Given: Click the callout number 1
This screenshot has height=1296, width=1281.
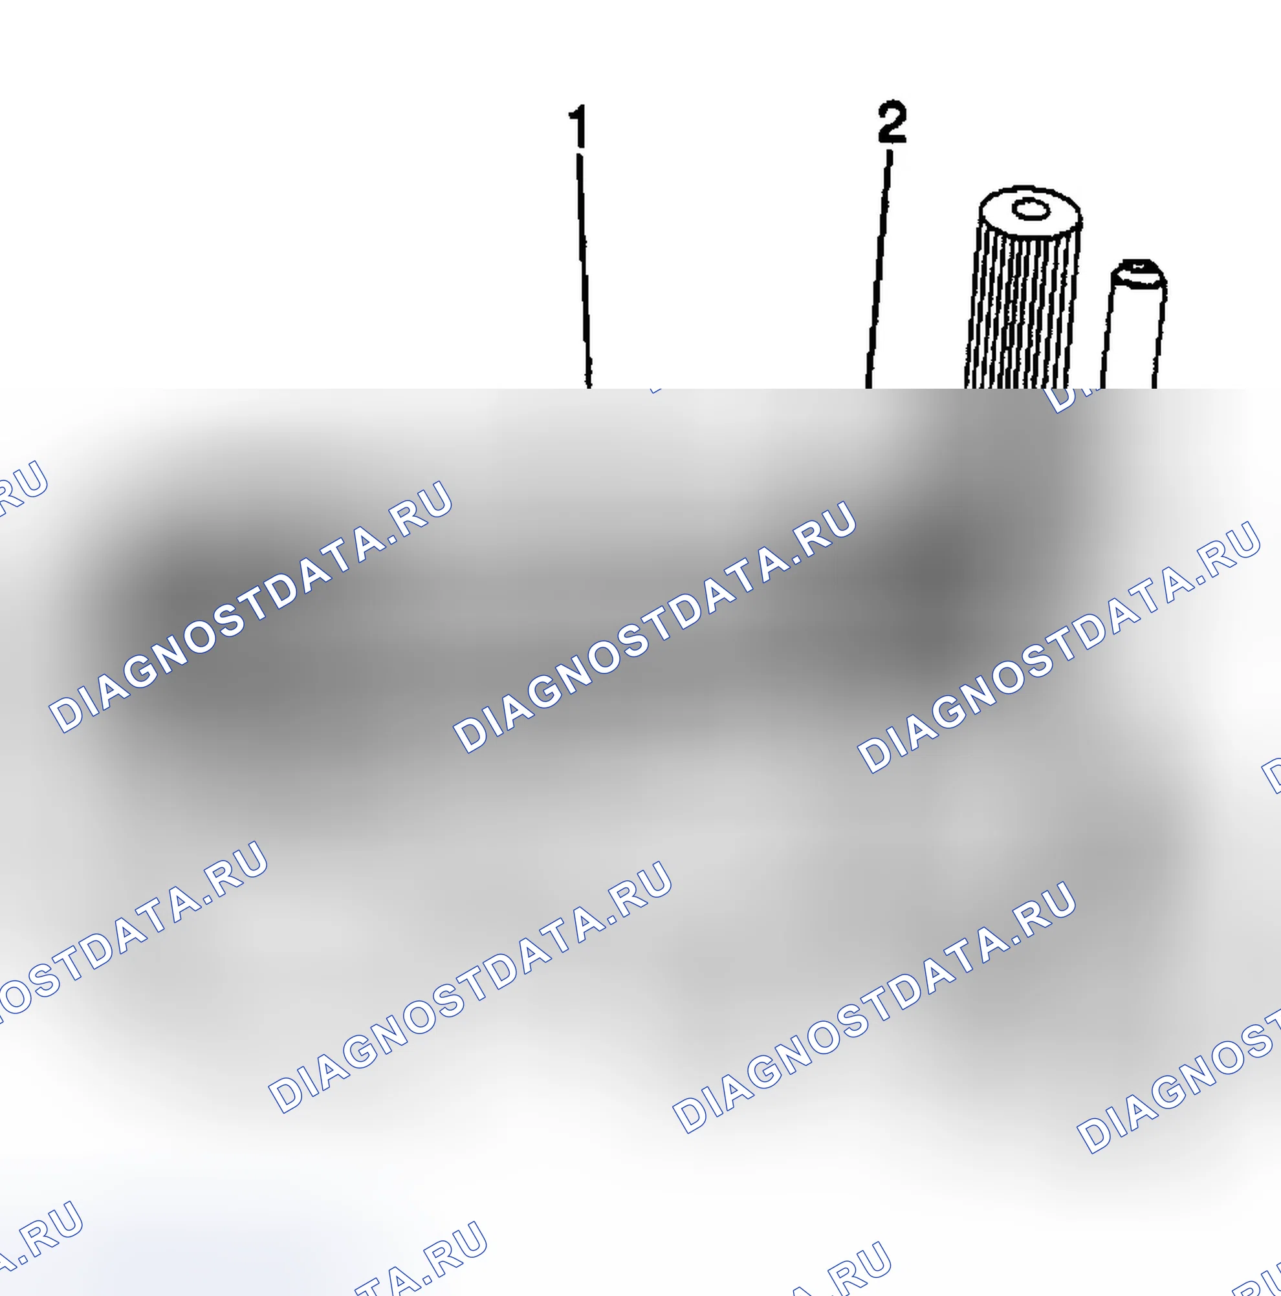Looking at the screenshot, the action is tap(578, 125).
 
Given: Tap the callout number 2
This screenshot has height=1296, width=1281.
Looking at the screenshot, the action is tap(892, 122).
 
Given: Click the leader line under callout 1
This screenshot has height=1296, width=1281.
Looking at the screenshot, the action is tap(583, 271).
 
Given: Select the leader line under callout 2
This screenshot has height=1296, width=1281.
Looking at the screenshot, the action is tap(879, 270).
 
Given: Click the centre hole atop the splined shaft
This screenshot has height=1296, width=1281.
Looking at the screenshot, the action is tap(1031, 210).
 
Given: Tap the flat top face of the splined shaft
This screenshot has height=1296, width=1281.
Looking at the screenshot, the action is tap(1030, 211).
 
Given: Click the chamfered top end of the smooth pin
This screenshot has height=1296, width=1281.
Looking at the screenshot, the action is tap(1137, 274).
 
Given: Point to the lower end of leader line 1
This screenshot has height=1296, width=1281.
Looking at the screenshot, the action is tap(589, 387).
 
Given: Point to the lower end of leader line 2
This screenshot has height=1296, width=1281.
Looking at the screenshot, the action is tap(868, 387).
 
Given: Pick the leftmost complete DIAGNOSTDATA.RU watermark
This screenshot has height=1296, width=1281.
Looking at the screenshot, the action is tap(250, 607).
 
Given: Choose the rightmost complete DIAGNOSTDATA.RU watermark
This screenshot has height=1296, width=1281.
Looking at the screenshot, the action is tap(1059, 647).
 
